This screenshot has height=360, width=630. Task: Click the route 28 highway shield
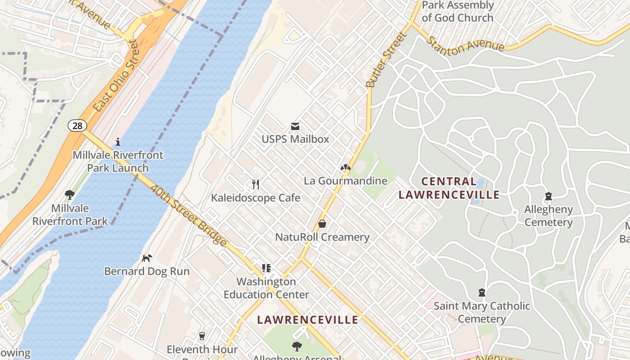[77, 126]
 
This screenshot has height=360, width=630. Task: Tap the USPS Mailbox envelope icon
[295, 126]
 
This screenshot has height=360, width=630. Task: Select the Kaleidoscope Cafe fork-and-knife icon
[256, 184]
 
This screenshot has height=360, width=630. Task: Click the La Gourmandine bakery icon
[345, 168]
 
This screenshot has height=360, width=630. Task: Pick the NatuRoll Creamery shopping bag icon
[322, 224]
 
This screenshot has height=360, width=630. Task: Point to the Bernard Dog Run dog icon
[147, 258]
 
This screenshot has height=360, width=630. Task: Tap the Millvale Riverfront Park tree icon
[70, 195]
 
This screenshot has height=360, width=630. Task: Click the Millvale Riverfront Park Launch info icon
[118, 142]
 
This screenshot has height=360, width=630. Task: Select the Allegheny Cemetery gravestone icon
[548, 196]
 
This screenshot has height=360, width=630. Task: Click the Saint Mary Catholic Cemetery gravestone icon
[482, 292]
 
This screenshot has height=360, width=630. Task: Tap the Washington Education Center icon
[266, 268]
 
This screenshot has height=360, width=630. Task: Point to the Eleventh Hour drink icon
[202, 336]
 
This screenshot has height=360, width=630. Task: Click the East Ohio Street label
[114, 76]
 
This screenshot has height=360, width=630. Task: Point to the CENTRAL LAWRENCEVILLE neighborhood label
[449, 188]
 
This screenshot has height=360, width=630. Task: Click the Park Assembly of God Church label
[458, 12]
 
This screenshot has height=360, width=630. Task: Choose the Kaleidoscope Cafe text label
[256, 198]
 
